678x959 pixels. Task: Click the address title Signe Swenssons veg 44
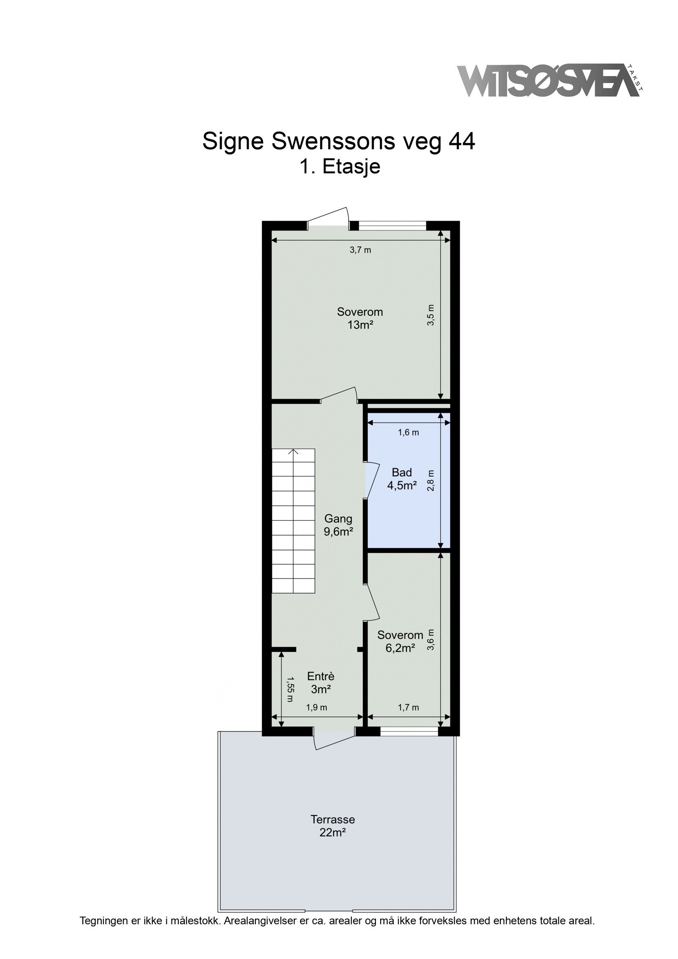(339, 142)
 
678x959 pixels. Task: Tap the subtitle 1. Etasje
(339, 167)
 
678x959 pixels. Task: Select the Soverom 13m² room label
(360, 318)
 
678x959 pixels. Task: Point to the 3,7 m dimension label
(360, 250)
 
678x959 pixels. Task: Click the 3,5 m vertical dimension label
(431, 315)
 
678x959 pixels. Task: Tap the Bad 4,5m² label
(402, 479)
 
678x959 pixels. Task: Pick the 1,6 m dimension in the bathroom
(408, 433)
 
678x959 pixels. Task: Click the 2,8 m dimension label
(431, 481)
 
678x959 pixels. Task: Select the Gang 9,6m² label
(338, 525)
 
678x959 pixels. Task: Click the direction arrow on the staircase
(293, 452)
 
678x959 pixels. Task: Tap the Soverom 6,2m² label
(400, 653)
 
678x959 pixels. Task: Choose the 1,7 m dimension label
(408, 707)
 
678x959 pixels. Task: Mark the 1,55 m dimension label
(290, 689)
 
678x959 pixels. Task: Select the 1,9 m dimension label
(317, 707)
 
